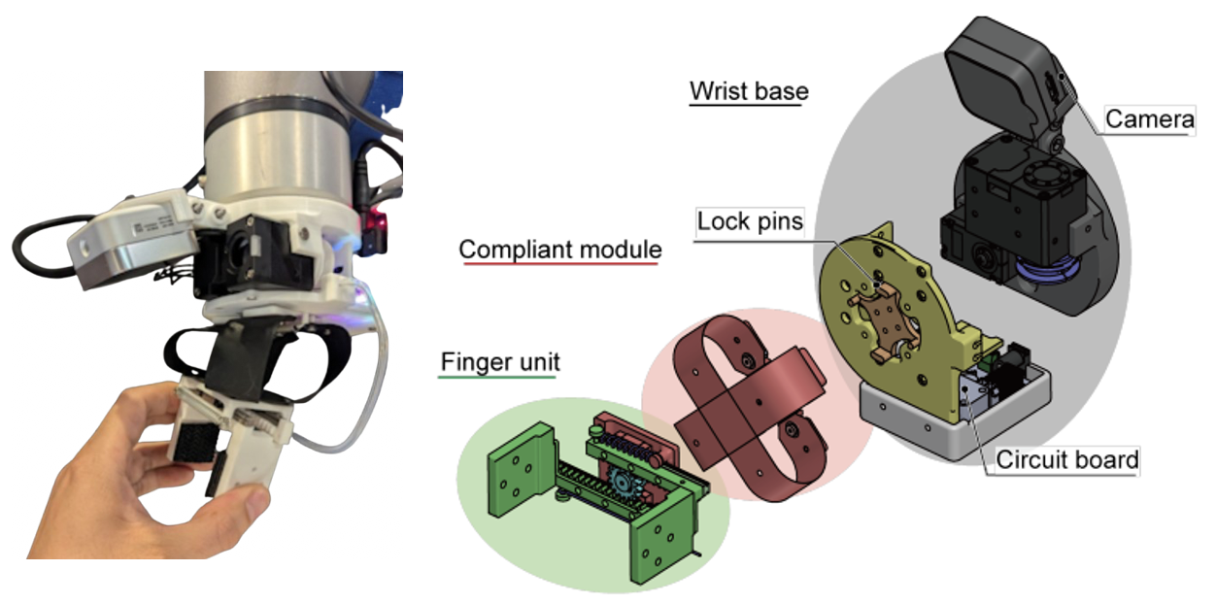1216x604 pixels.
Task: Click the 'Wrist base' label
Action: click(x=748, y=91)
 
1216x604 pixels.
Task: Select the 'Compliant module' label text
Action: click(x=559, y=250)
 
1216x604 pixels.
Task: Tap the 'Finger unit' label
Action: click(x=499, y=362)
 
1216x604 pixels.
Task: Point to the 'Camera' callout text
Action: click(x=1150, y=119)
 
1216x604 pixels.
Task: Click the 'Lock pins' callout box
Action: click(x=751, y=221)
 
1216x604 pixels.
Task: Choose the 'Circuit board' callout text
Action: click(x=1066, y=459)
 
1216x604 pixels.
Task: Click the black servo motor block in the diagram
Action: click(x=1010, y=214)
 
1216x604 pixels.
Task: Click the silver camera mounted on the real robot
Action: click(x=131, y=238)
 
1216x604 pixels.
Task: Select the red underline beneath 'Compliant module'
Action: click(x=559, y=264)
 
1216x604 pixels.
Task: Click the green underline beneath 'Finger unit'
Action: click(x=499, y=377)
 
